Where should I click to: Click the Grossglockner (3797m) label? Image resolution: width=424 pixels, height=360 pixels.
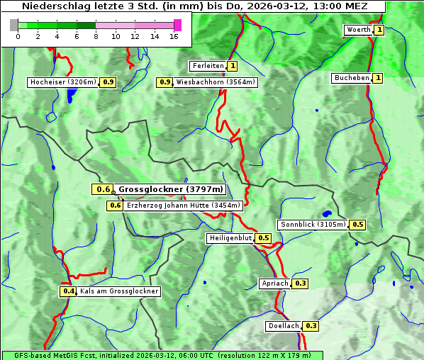[x=170, y=189]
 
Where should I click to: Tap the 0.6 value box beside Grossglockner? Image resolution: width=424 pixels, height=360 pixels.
[x=103, y=189]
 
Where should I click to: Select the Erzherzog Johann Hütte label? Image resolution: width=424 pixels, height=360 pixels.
[x=184, y=206]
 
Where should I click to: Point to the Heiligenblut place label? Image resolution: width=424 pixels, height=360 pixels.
[x=230, y=238]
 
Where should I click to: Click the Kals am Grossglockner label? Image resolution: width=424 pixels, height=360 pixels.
[x=118, y=291]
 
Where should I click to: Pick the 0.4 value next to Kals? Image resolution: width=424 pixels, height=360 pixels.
[x=68, y=291]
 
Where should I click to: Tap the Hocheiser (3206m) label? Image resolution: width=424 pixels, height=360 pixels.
[x=63, y=82]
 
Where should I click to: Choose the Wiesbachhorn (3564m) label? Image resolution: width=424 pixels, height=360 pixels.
[x=216, y=82]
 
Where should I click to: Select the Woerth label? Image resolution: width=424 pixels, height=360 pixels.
[x=358, y=30]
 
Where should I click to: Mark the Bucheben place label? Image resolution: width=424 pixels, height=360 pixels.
[x=352, y=77]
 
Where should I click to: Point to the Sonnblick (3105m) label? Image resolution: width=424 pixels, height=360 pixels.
[x=313, y=225]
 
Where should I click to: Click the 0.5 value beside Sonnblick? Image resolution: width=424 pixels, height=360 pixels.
[x=358, y=225]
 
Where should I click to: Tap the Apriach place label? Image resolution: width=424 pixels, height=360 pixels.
[x=275, y=283]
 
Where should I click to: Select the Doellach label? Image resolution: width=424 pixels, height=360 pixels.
[x=284, y=326]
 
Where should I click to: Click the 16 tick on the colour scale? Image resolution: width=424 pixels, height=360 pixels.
[x=174, y=36]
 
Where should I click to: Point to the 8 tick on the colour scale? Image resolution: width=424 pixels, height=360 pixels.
[x=96, y=36]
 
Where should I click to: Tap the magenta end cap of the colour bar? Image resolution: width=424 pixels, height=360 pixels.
[x=177, y=25]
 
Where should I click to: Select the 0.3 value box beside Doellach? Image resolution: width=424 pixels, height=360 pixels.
[x=311, y=326]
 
